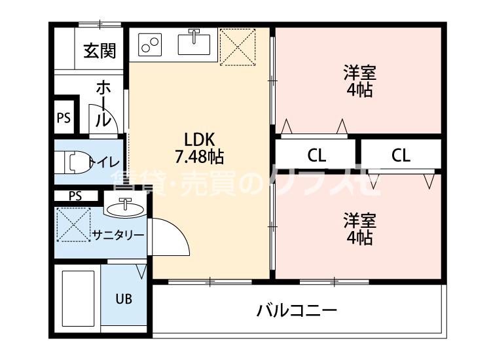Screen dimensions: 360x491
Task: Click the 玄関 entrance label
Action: point(100,50)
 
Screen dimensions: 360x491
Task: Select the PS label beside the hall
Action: point(64,118)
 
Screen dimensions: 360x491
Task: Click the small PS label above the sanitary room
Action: point(76,195)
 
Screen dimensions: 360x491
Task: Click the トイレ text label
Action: point(103,162)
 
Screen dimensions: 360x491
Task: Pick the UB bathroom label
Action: point(124,299)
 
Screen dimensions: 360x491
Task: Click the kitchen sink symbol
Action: point(194,45)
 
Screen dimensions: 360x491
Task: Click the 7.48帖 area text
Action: point(200,156)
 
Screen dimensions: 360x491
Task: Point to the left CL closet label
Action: point(317,156)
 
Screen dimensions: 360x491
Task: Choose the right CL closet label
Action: point(401,156)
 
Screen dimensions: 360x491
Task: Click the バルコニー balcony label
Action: point(297,310)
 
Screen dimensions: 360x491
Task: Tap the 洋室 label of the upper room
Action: point(359,71)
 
